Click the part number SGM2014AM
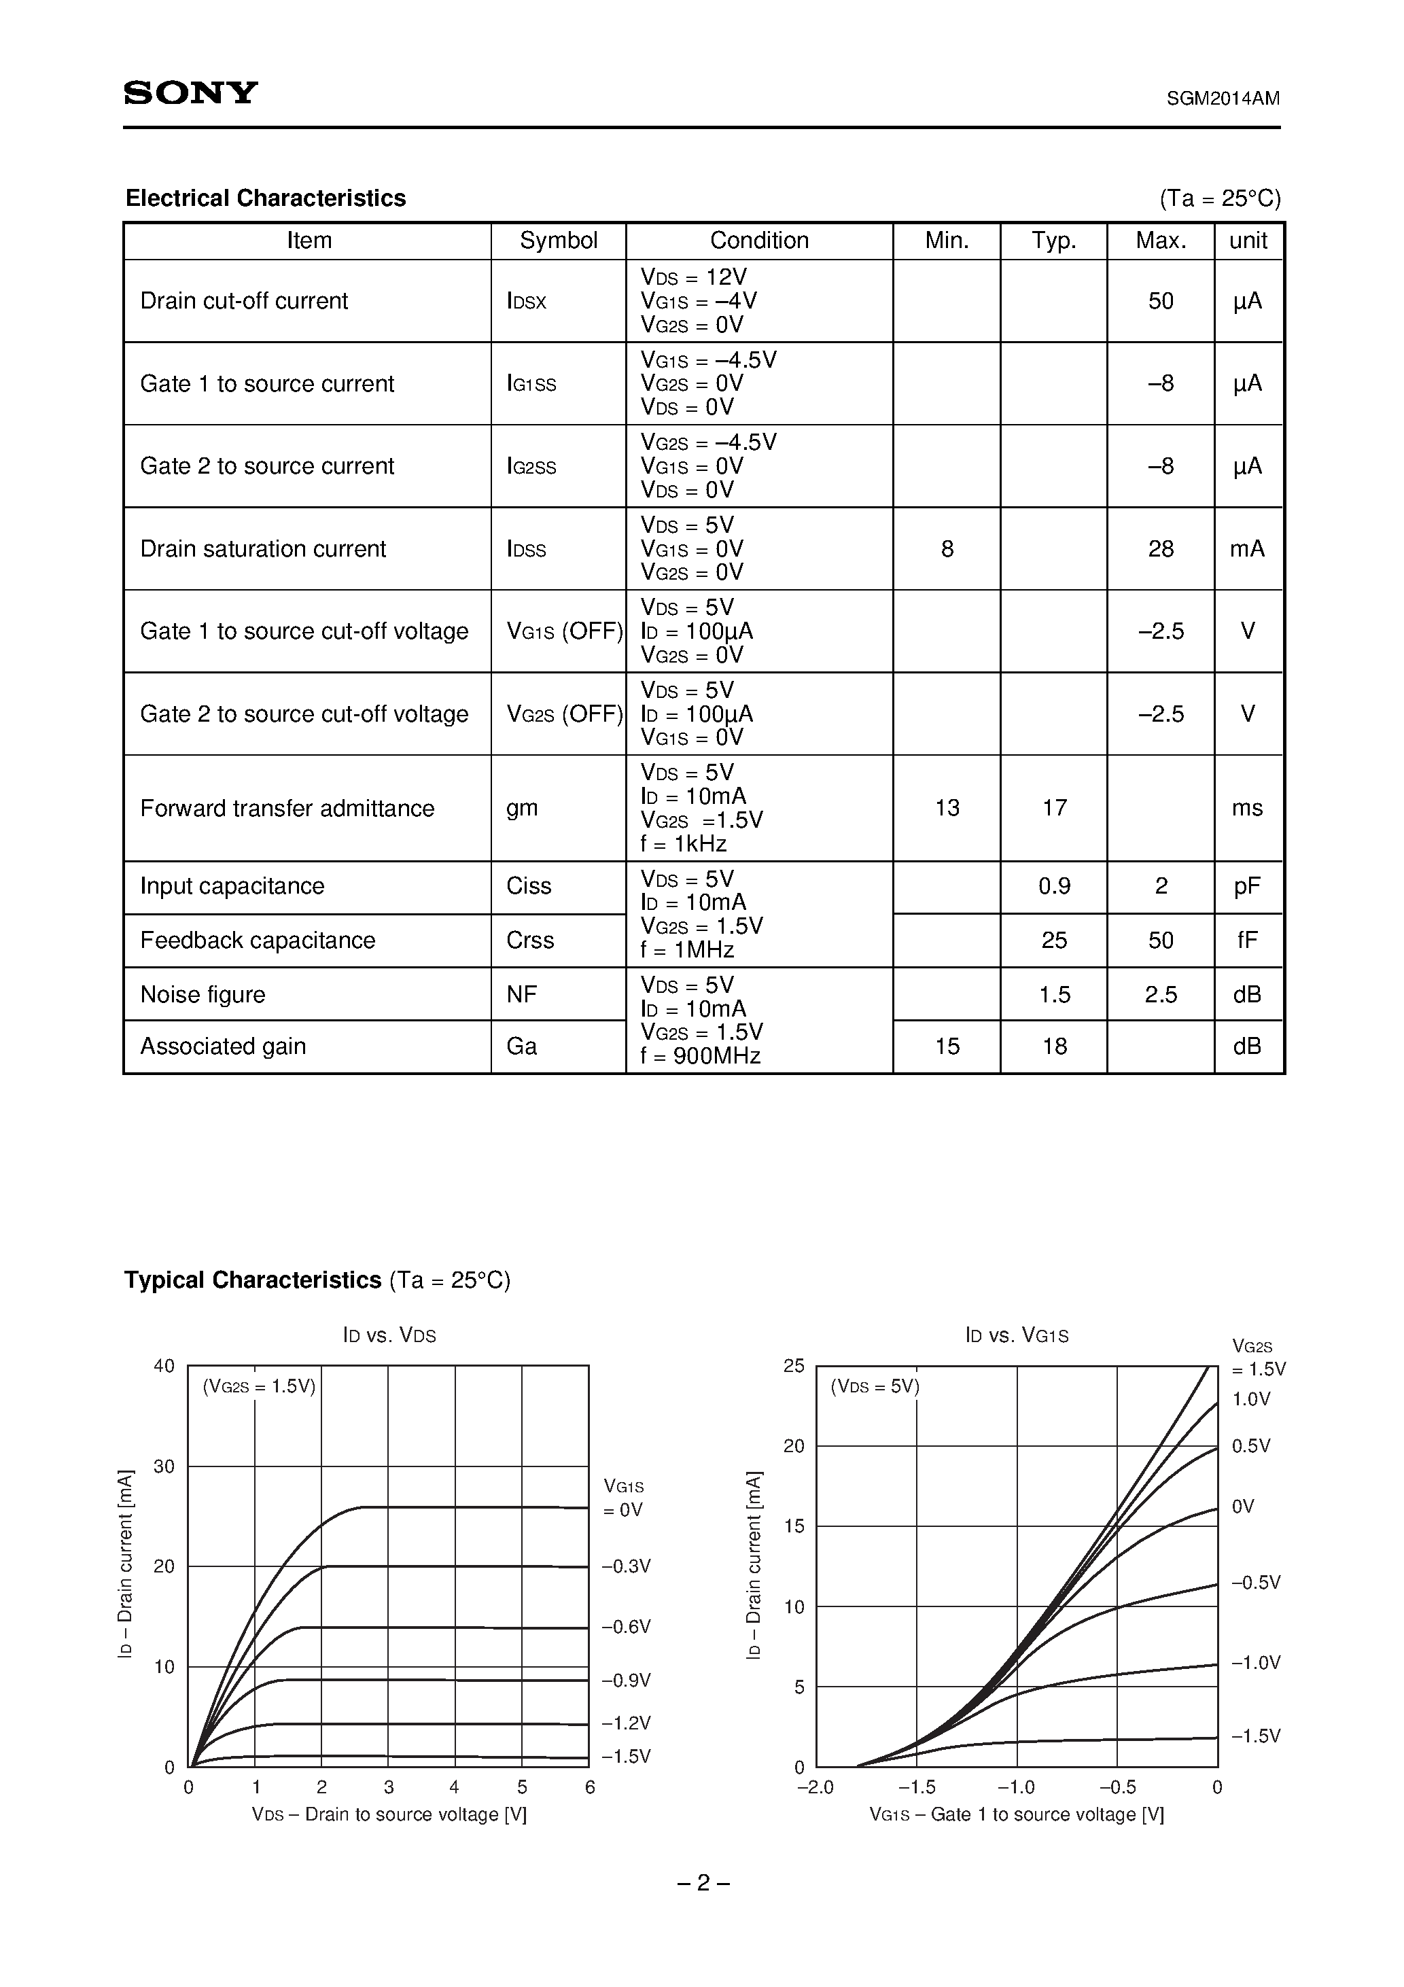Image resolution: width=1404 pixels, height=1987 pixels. click(1223, 99)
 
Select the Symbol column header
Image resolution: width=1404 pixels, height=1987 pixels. click(559, 241)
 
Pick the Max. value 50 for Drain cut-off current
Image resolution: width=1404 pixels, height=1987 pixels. click(1160, 301)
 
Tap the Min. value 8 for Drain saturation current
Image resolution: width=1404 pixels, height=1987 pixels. click(946, 548)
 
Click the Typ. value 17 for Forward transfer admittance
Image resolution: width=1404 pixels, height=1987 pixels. click(1053, 807)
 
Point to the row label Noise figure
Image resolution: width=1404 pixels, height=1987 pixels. click(203, 994)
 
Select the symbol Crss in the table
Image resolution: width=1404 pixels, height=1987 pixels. click(530, 940)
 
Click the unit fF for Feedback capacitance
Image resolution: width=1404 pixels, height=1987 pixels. click(1246, 940)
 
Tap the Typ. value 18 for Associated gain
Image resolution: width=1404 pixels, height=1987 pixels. click(1053, 1047)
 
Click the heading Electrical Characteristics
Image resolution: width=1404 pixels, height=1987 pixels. click(266, 198)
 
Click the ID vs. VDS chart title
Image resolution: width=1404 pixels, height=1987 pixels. click(389, 1335)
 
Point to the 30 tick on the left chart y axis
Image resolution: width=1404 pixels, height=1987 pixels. click(164, 1466)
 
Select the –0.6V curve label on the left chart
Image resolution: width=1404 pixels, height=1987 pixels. click(626, 1626)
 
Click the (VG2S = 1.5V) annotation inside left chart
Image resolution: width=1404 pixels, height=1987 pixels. click(259, 1386)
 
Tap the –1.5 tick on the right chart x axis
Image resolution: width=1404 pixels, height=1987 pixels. click(917, 1787)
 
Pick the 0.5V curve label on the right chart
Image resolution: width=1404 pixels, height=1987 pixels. click(1251, 1446)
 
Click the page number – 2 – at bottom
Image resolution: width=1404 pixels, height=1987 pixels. click(702, 1882)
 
